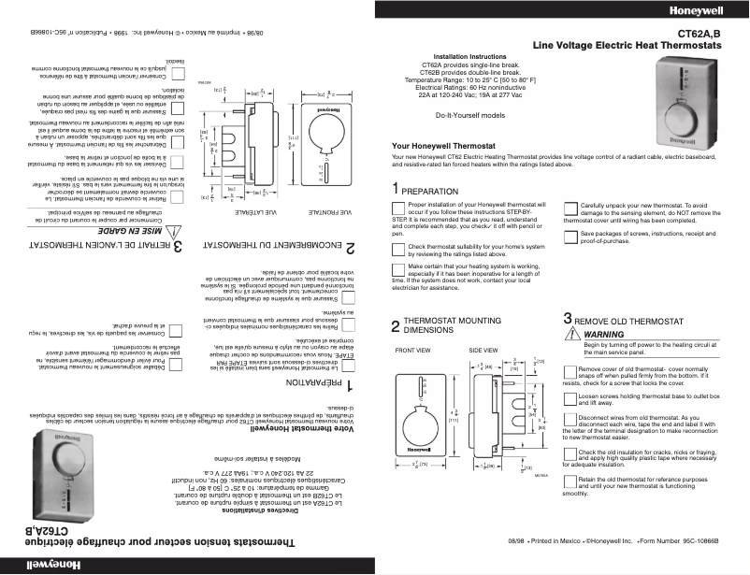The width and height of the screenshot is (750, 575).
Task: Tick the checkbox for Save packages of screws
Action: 570,234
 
